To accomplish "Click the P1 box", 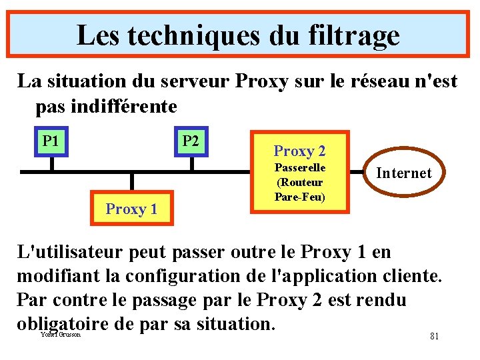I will (x=50, y=141).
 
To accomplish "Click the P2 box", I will (x=191, y=141).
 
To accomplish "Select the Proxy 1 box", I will (x=131, y=209).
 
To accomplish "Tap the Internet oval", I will (x=403, y=173).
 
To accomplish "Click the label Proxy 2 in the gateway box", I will (x=299, y=151).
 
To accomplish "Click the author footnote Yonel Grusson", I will (x=61, y=334).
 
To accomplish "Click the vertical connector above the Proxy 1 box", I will (x=132, y=182).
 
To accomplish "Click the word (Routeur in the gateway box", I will (x=299, y=183).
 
